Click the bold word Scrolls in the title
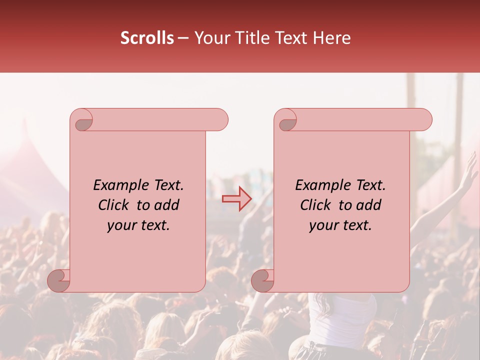pyautogui.click(x=147, y=38)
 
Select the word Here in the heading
pyautogui.click(x=332, y=38)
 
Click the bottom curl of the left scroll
pyautogui.click(x=58, y=280)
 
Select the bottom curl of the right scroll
pyautogui.click(x=262, y=280)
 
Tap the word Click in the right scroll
pyautogui.click(x=316, y=205)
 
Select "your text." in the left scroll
pyautogui.click(x=138, y=225)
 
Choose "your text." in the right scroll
pyautogui.click(x=340, y=225)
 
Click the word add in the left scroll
pyautogui.click(x=167, y=205)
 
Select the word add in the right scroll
pyautogui.click(x=369, y=205)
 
